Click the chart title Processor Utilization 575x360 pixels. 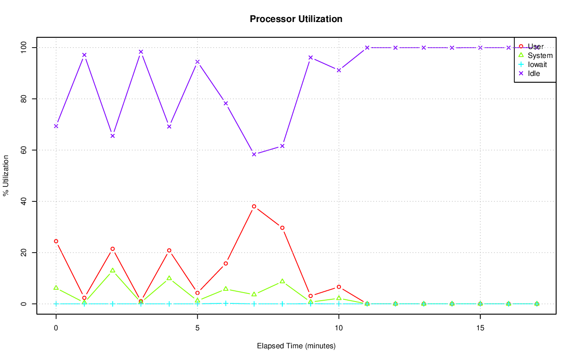point(296,19)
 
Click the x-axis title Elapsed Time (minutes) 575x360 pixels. point(296,346)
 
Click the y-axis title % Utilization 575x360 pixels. point(6,175)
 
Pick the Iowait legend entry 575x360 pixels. point(537,64)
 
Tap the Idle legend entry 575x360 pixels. point(534,73)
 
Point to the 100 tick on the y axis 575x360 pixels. point(24,48)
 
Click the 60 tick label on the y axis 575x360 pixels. point(24,150)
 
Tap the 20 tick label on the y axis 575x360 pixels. point(24,253)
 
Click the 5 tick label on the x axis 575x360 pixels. point(197,328)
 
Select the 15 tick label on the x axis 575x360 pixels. point(480,328)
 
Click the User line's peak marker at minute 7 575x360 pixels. point(254,206)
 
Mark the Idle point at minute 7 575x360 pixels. point(254,154)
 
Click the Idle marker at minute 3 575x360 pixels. point(141,52)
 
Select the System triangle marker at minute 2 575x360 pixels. point(112,271)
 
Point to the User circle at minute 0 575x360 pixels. point(56,241)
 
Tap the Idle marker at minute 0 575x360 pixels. point(56,126)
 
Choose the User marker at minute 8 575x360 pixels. point(282,228)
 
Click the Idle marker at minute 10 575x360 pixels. point(339,70)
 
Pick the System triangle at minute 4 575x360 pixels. point(169,278)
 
